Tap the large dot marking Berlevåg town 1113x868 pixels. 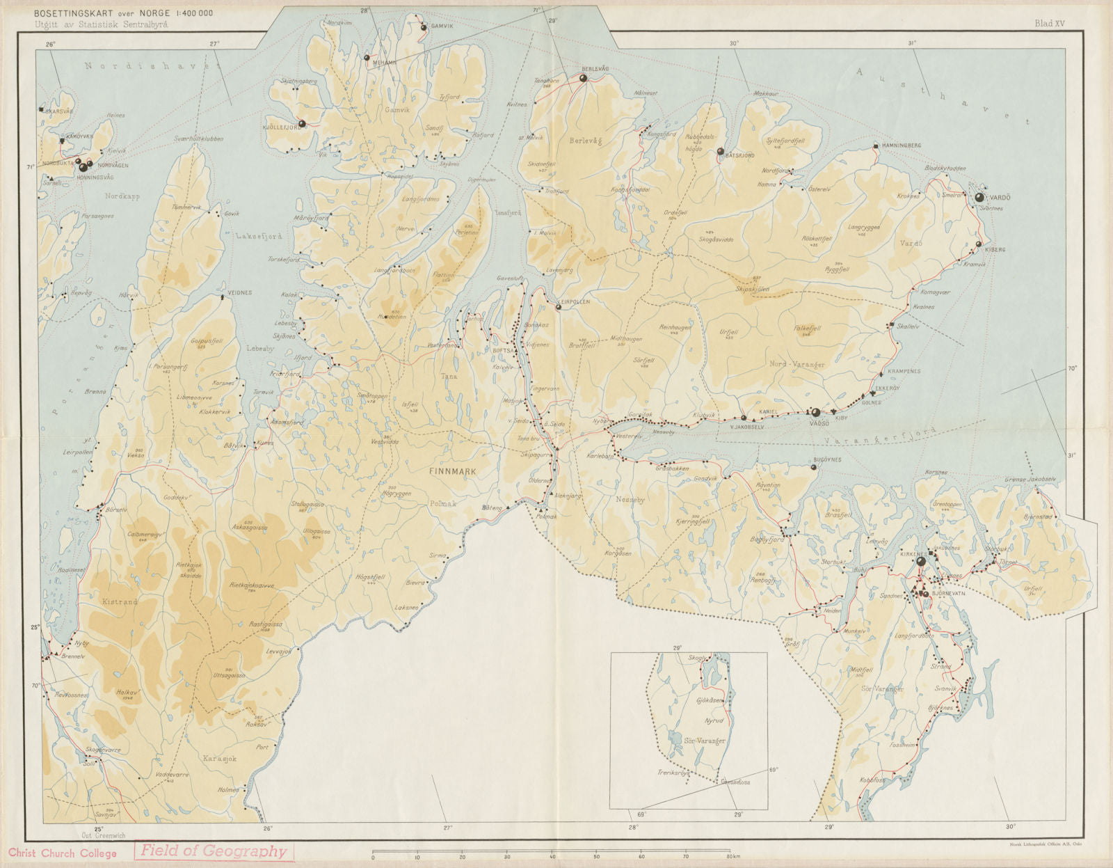[x=584, y=78]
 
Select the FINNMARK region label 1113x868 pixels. [x=453, y=471]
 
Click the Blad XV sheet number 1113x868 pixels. [x=1050, y=24]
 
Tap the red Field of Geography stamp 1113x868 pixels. [x=214, y=851]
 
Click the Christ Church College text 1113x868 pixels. [x=63, y=853]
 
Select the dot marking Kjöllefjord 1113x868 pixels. [x=302, y=124]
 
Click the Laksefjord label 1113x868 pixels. [x=259, y=237]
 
